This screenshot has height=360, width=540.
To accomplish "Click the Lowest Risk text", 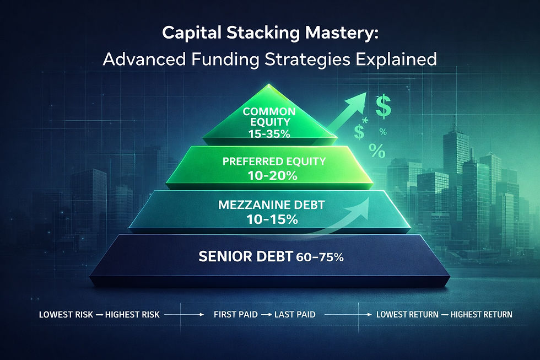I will click(63, 315).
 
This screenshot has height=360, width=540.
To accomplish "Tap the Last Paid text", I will click(295, 315).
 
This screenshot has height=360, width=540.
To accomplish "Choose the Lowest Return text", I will click(407, 315).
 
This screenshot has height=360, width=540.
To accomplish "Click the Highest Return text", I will click(481, 315).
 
